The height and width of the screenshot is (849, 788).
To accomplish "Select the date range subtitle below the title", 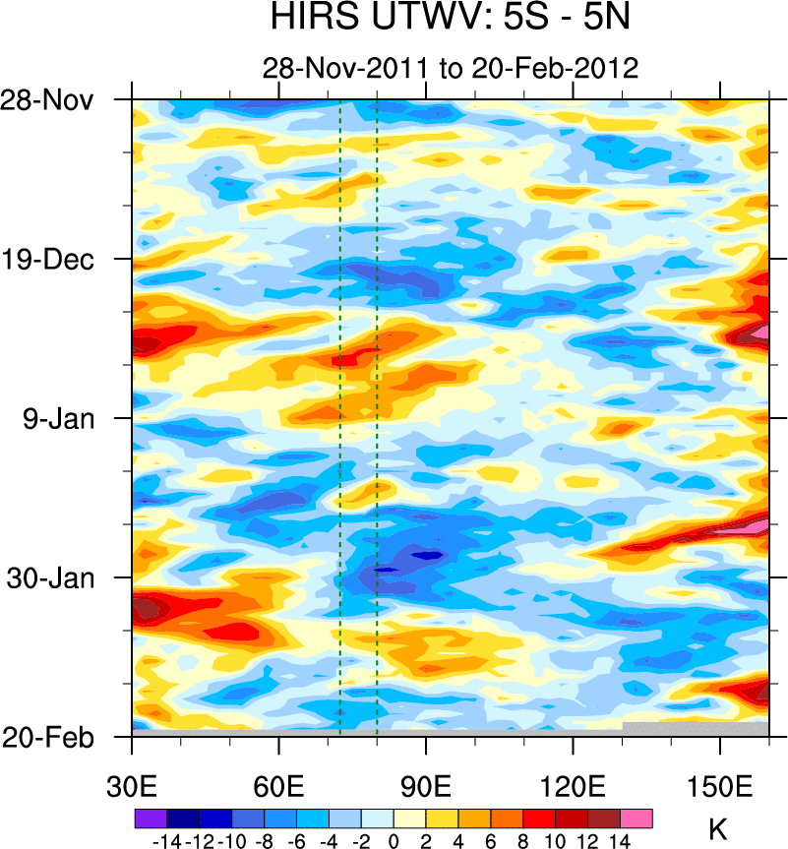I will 451,68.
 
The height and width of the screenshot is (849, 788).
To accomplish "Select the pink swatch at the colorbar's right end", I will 636,818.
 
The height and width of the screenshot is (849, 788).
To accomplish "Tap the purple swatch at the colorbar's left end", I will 150,818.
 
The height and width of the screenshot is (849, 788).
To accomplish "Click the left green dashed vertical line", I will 339,413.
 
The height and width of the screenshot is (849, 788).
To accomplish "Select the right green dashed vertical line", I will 377,413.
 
